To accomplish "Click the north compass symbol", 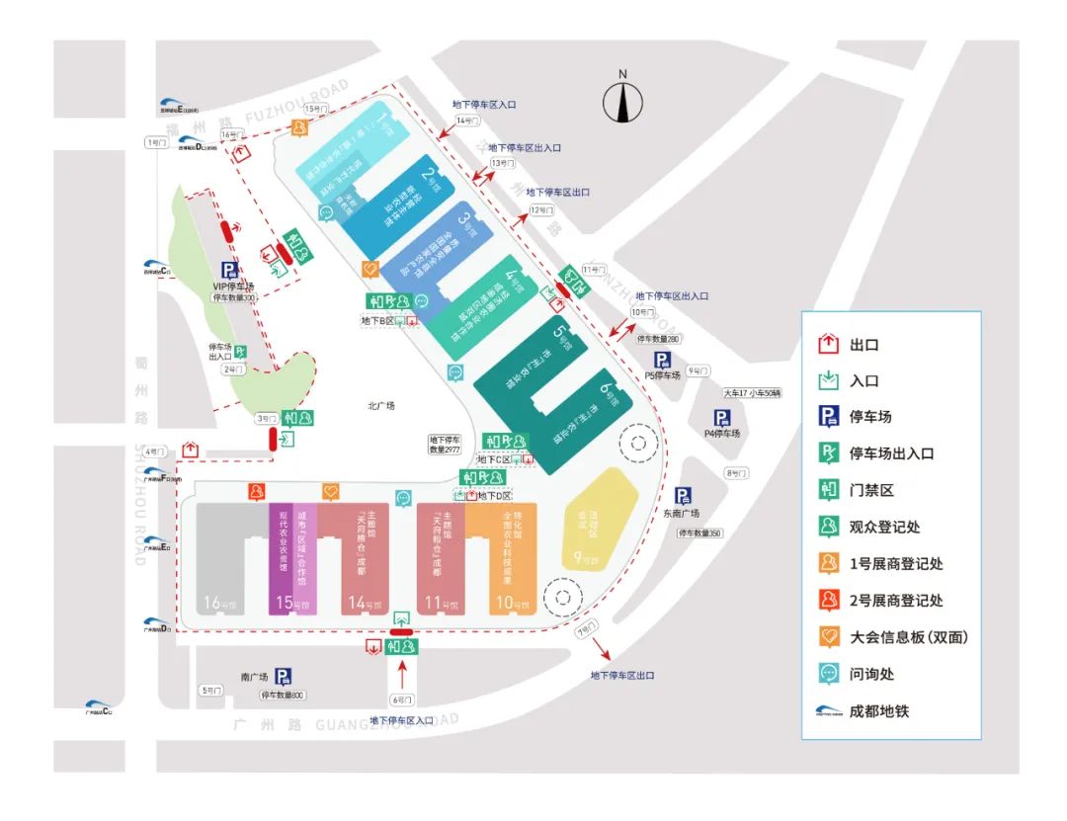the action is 622,101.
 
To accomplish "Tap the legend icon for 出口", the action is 829,345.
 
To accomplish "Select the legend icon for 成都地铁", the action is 829,709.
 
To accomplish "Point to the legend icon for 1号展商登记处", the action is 829,563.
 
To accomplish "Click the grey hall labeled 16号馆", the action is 220,558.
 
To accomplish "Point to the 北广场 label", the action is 380,405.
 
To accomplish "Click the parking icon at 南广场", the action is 284,676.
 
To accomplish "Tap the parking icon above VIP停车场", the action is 229,270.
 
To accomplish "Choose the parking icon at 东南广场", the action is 683,496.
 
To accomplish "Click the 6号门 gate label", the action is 401,700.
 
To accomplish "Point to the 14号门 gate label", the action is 466,121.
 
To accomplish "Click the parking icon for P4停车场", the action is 722,418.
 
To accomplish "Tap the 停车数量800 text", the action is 284,696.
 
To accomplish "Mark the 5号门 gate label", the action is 211,690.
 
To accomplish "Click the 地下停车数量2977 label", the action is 446,445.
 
